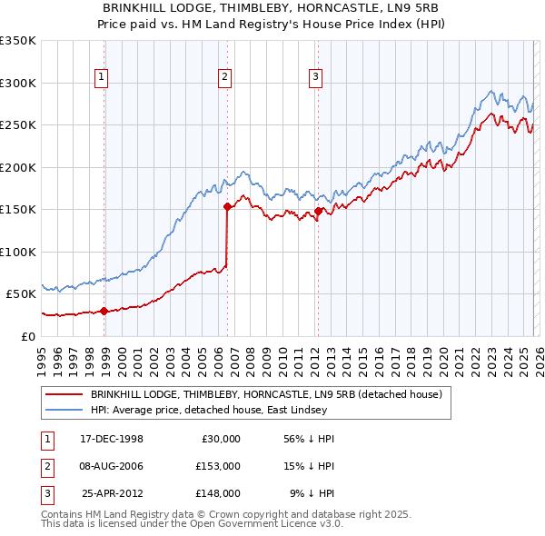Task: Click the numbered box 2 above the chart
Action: (223, 77)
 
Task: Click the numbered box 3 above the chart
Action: (315, 77)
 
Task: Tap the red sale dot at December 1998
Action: (104, 311)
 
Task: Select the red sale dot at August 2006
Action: (227, 206)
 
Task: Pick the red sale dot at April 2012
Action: (318, 211)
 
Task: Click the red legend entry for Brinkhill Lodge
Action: (265, 394)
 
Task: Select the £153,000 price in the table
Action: (217, 466)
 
